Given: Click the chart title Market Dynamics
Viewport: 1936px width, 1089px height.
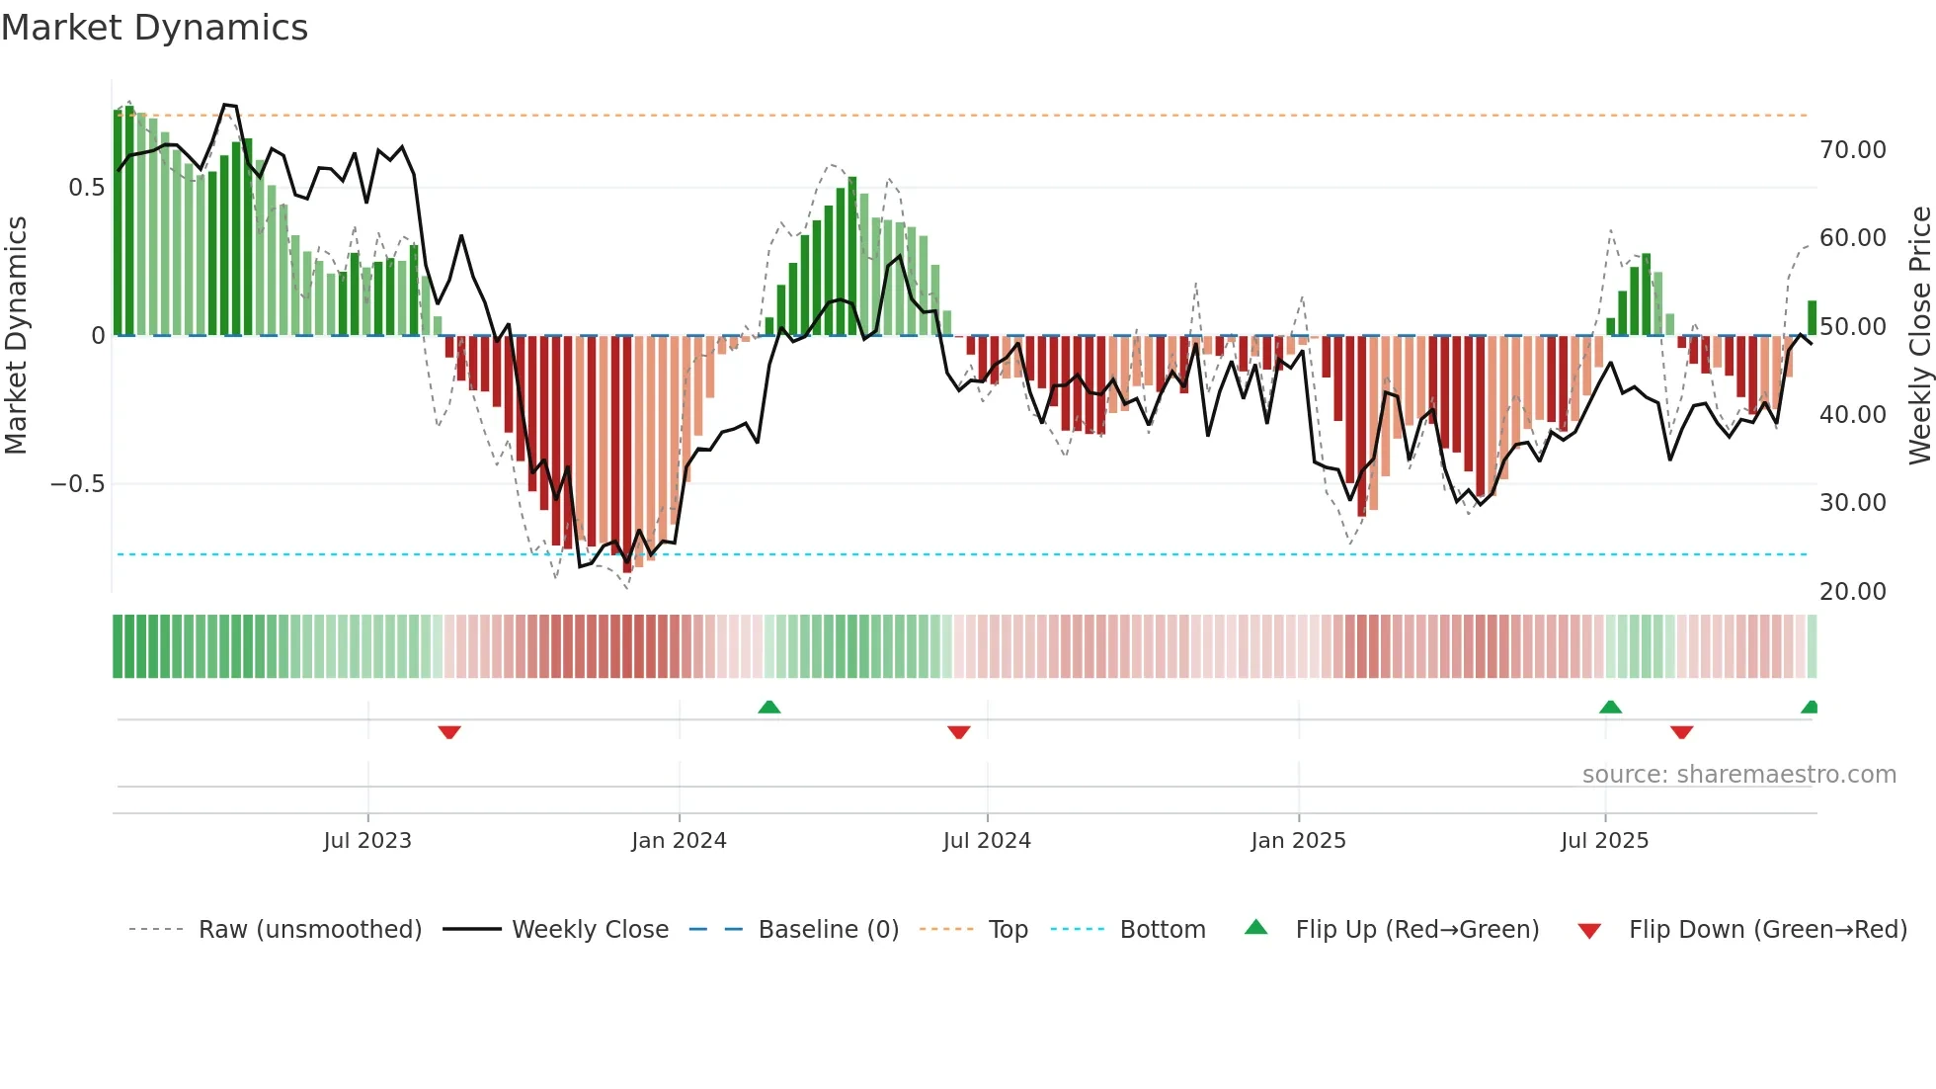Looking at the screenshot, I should point(154,28).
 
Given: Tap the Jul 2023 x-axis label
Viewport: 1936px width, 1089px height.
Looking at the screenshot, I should point(367,841).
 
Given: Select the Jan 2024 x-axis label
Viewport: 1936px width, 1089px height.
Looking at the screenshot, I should point(679,841).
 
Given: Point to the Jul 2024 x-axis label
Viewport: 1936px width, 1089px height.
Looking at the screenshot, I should point(987,841).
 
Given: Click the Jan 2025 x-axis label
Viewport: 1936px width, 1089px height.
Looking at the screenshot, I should point(1298,841).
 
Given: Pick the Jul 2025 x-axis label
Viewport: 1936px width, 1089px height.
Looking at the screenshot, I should point(1605,841).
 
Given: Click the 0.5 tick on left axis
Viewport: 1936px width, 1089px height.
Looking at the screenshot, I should point(86,188).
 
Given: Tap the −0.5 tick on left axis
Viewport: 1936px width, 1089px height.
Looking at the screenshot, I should point(77,484).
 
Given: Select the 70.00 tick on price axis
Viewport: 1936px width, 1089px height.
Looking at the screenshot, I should point(1853,150).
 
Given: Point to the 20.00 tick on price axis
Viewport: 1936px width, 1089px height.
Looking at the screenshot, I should point(1853,592).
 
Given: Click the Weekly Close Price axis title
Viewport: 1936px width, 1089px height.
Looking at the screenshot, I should point(1919,336).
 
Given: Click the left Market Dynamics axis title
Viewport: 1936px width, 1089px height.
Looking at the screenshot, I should point(16,336).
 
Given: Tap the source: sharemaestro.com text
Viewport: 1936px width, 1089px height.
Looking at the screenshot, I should point(1738,775).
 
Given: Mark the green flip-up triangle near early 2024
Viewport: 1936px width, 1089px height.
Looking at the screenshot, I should point(769,707).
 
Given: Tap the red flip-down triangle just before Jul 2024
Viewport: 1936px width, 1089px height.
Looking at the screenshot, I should point(958,732).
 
